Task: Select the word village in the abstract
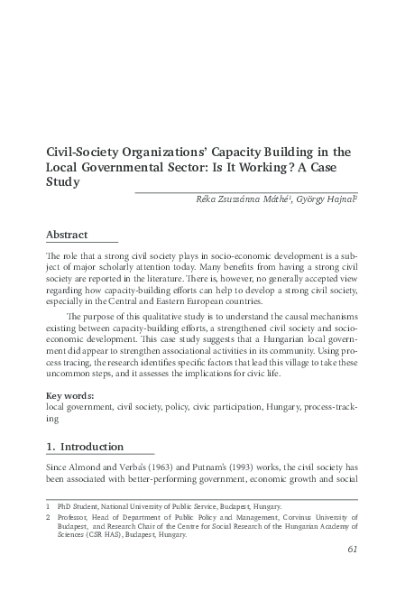[x=270, y=361]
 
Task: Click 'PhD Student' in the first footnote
[x=79, y=507]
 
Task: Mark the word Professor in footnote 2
[x=80, y=517]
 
